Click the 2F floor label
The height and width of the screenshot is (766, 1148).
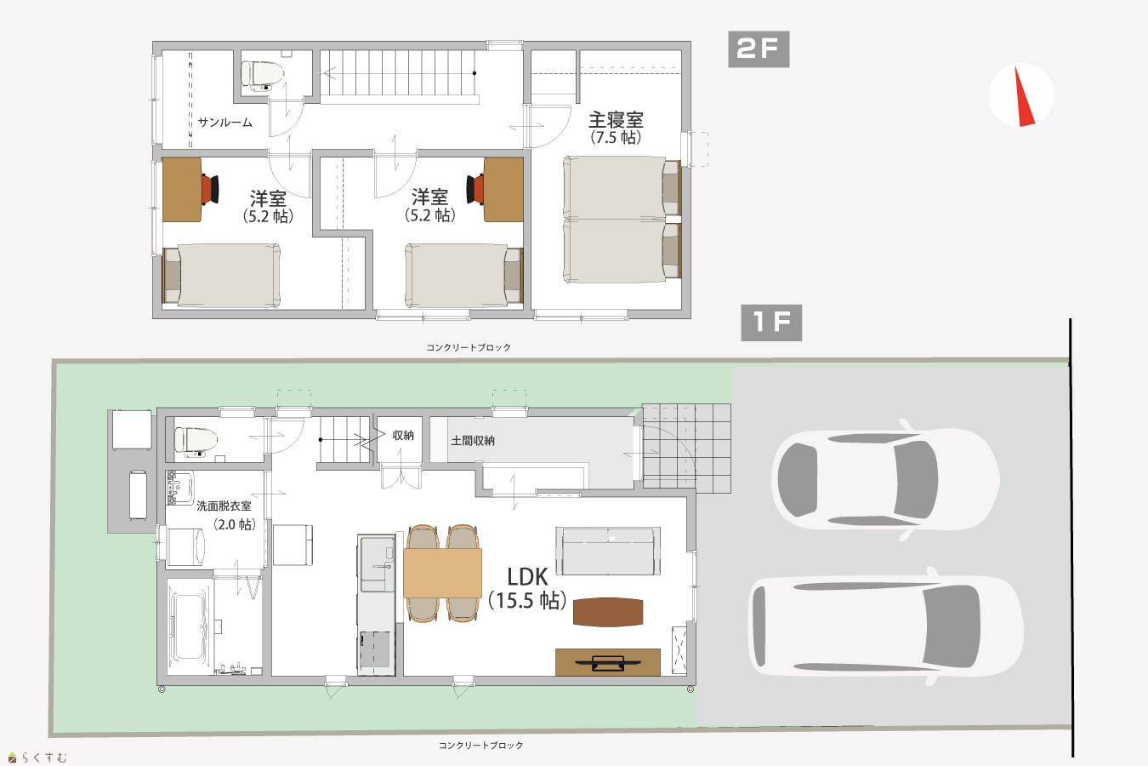click(759, 49)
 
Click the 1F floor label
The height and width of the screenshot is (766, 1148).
click(771, 323)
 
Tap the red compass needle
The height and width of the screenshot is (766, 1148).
click(1024, 96)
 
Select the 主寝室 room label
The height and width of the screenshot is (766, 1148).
click(616, 120)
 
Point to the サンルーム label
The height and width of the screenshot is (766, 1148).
click(225, 122)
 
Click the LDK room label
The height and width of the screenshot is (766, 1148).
click(527, 577)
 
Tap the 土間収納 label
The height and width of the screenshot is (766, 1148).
click(473, 441)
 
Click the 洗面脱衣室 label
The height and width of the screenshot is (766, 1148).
click(224, 506)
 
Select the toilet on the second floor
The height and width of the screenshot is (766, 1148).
click(263, 76)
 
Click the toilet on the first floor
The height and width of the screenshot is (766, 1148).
click(196, 442)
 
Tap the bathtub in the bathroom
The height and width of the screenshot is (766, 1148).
click(189, 627)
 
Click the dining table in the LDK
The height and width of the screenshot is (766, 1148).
click(442, 573)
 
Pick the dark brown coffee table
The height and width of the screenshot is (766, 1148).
click(608, 612)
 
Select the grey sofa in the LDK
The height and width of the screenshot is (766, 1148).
click(608, 551)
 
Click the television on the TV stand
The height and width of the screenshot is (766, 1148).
click(608, 663)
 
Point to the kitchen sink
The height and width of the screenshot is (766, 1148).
click(378, 563)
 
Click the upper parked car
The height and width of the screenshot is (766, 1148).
click(885, 480)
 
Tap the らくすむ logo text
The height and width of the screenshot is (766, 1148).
click(44, 757)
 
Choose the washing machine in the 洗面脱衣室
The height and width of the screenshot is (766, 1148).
click(186, 547)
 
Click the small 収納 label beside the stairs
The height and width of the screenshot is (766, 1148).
click(403, 435)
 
